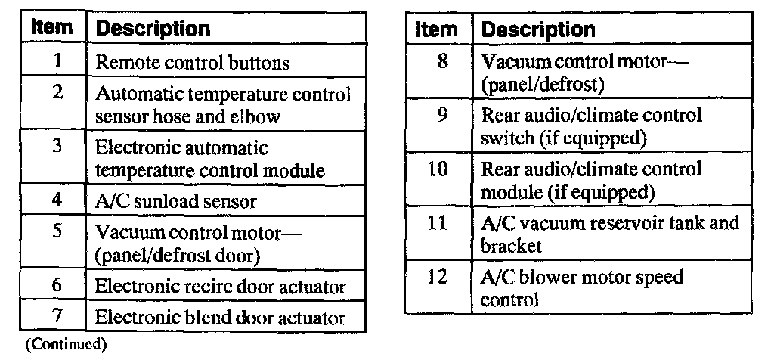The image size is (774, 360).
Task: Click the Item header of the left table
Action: [x=54, y=28]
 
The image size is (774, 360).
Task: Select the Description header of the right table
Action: [x=538, y=29]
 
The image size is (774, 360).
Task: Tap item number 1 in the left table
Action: [x=57, y=61]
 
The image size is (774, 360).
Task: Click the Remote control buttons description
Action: [x=192, y=63]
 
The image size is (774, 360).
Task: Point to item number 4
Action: [x=57, y=201]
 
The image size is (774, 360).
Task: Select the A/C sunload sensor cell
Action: [x=175, y=202]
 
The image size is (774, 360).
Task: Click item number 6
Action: [x=57, y=286]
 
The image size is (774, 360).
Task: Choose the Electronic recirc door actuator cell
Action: [x=220, y=287]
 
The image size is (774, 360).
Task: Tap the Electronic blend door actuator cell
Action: [x=220, y=318]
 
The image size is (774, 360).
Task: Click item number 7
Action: [x=57, y=316]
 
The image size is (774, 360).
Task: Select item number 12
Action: [x=438, y=277]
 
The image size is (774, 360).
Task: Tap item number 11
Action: [x=438, y=224]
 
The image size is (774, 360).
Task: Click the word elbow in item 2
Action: [x=256, y=117]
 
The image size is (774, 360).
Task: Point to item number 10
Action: [x=438, y=169]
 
